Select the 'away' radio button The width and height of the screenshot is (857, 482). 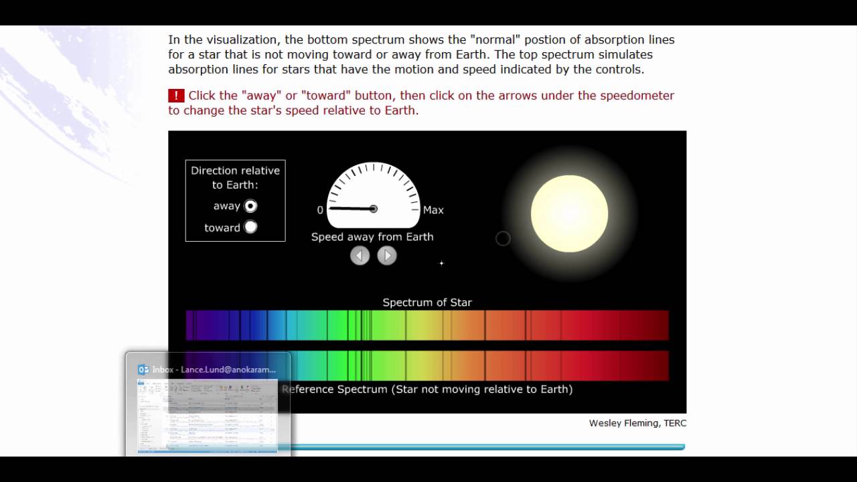click(250, 206)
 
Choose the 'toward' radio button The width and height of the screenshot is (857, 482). click(250, 227)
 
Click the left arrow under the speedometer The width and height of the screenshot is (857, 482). click(360, 256)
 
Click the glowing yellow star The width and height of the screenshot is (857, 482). click(569, 214)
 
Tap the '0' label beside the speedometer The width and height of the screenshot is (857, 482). click(320, 210)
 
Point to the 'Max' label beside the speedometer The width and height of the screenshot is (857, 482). click(433, 210)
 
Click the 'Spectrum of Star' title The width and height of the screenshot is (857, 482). click(427, 303)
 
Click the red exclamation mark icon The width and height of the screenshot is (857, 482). click(175, 96)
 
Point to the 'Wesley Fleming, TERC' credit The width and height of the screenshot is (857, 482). click(637, 423)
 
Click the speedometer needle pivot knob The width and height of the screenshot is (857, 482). click(373, 209)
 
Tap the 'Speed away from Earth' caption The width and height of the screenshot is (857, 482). click(372, 237)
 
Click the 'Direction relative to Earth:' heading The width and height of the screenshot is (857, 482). click(235, 177)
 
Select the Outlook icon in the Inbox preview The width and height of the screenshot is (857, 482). click(143, 370)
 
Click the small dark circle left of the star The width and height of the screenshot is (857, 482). click(503, 238)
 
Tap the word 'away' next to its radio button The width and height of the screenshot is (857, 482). click(226, 206)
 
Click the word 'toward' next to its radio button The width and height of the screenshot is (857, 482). click(222, 228)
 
